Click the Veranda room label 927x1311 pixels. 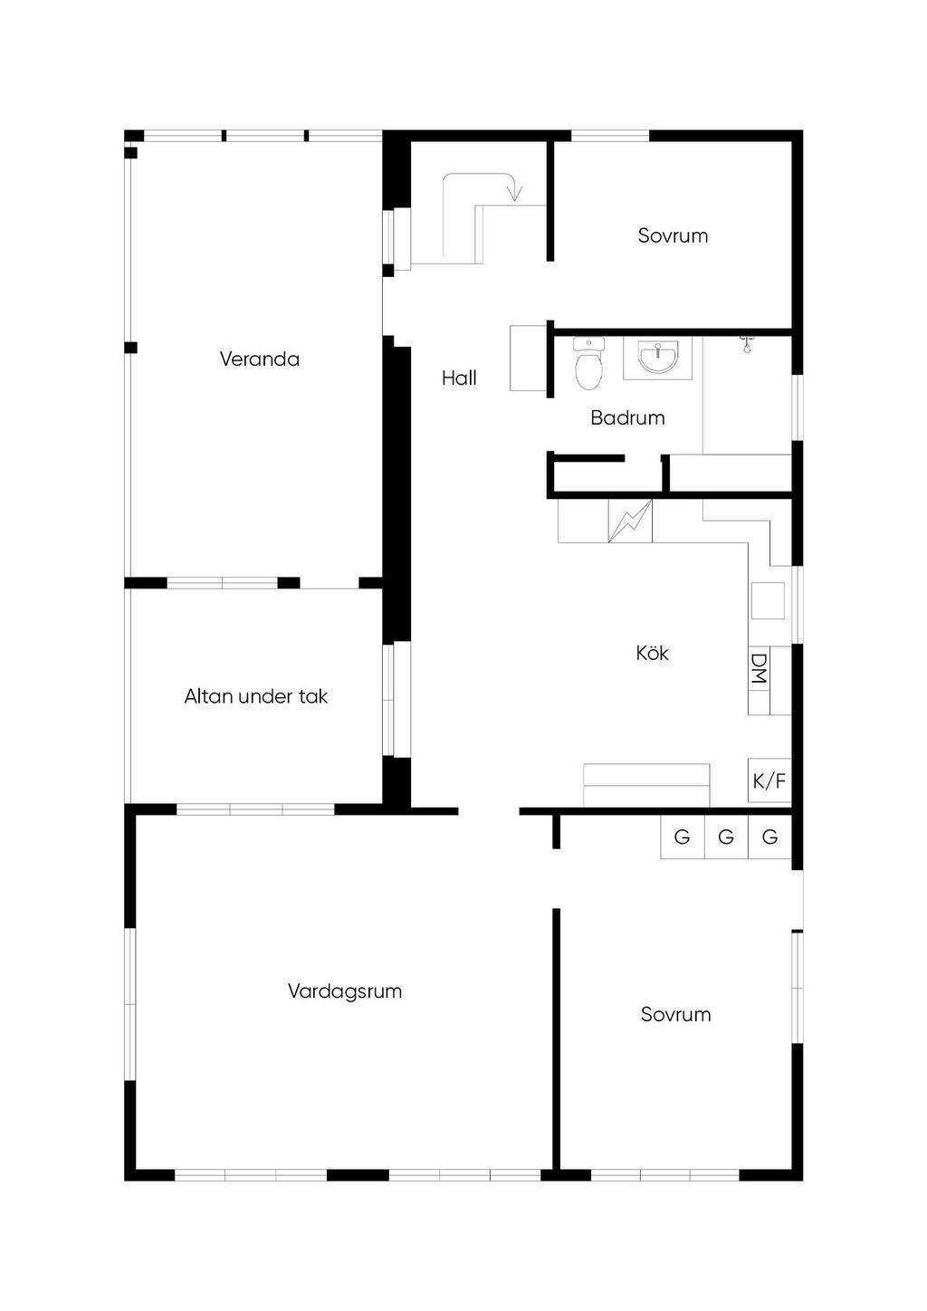(x=259, y=359)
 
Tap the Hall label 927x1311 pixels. (x=459, y=378)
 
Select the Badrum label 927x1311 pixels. (x=627, y=417)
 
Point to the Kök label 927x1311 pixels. (x=652, y=653)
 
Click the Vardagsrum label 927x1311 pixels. (x=344, y=990)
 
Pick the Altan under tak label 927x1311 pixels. (x=255, y=696)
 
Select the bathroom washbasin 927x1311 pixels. (x=657, y=357)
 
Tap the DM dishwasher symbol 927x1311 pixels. (x=759, y=669)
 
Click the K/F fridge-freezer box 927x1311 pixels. (x=769, y=780)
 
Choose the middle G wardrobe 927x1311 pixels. (x=726, y=837)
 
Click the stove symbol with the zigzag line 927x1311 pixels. (x=630, y=521)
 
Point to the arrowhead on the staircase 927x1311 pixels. (x=515, y=192)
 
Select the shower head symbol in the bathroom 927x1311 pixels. (x=747, y=343)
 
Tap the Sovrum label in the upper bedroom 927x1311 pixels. (x=673, y=235)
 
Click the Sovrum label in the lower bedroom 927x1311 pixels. (x=675, y=1014)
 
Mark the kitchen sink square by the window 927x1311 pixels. (x=768, y=600)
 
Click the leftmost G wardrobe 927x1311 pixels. (x=683, y=837)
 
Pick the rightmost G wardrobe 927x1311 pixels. (x=769, y=837)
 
